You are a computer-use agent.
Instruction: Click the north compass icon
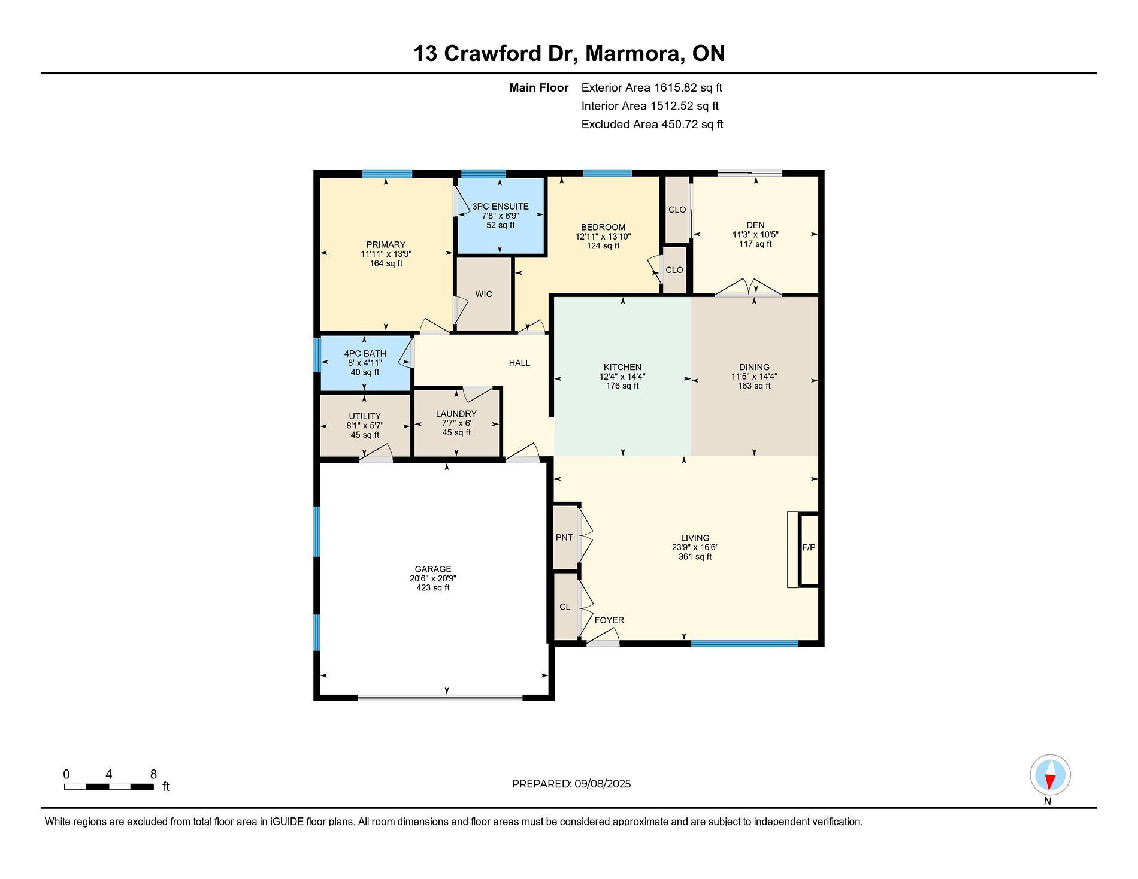click(1050, 775)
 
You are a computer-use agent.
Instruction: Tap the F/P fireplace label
click(809, 547)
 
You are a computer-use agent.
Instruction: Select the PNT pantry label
click(564, 537)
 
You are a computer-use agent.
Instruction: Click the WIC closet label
click(484, 294)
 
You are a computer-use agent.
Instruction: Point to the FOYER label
click(609, 620)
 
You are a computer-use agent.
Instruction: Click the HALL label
click(519, 363)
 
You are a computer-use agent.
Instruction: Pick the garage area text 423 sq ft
click(433, 588)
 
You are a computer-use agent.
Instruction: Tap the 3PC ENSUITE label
click(501, 207)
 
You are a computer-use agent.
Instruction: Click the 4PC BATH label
click(365, 354)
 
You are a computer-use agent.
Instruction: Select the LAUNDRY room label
click(456, 414)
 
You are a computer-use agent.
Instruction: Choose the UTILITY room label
click(365, 416)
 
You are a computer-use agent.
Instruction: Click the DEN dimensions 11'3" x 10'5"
click(755, 235)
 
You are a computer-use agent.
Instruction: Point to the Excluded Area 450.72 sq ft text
click(652, 124)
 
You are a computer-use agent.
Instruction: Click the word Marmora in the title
click(634, 54)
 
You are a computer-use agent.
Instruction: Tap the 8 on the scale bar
click(153, 774)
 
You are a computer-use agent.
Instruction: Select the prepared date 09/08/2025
click(603, 784)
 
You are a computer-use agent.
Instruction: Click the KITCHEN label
click(622, 368)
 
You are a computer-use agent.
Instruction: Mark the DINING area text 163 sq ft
click(754, 386)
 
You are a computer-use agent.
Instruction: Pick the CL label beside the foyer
click(565, 607)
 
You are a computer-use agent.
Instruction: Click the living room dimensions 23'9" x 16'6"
click(695, 547)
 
